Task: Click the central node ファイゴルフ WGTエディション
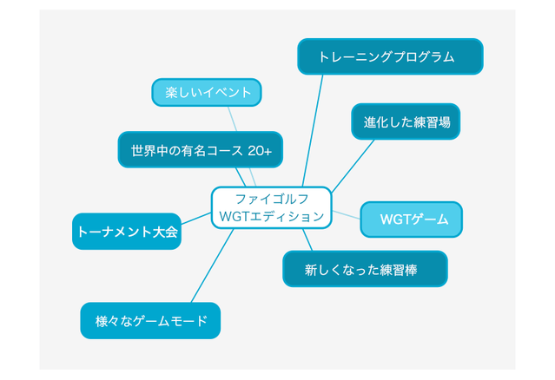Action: coord(271,207)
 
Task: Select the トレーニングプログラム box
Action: coord(390,56)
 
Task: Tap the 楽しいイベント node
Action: coord(207,92)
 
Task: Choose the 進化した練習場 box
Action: coord(406,122)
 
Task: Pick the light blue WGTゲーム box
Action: coord(411,219)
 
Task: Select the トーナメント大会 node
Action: coord(127,232)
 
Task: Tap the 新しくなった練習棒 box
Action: coord(365,270)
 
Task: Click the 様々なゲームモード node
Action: coord(150,320)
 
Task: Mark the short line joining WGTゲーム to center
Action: coord(346,213)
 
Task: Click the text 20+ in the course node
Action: coord(259,150)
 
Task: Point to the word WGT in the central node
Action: coord(235,216)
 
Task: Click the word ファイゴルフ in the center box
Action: coord(272,199)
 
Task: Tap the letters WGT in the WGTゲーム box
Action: coord(395,219)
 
